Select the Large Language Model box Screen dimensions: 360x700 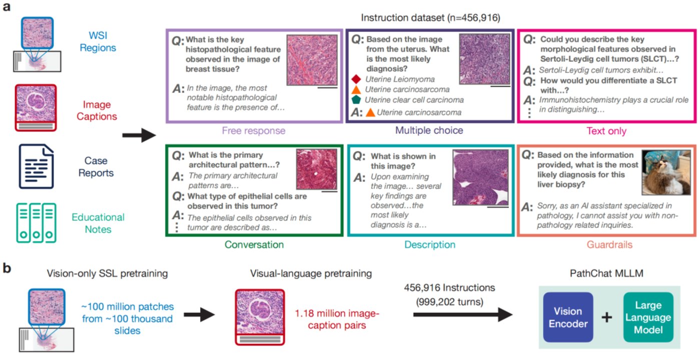point(648,317)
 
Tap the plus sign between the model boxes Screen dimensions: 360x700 point(607,318)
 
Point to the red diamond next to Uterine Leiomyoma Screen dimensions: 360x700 point(356,79)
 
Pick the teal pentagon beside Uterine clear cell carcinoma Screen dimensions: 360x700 point(356,100)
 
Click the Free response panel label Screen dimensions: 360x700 point(254,131)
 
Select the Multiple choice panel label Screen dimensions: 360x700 point(429,131)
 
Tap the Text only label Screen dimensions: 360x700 point(605,131)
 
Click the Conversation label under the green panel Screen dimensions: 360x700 point(254,245)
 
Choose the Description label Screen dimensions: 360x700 point(430,245)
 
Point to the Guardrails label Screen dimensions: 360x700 point(605,245)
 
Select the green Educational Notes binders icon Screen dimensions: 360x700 point(36,223)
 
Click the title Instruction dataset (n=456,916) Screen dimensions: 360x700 point(430,19)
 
